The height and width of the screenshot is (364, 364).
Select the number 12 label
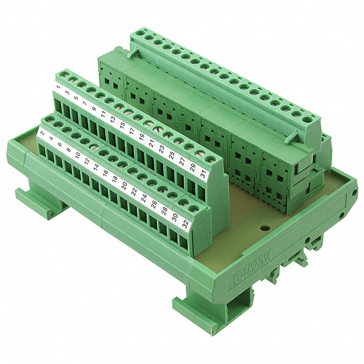tap(86, 162)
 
